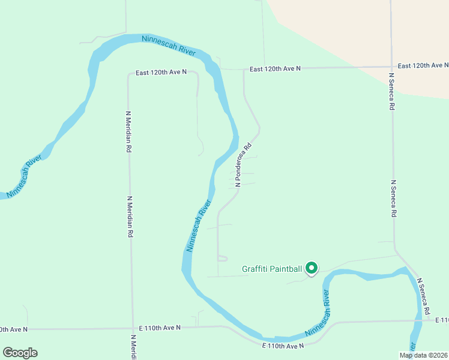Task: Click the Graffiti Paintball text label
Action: point(272,269)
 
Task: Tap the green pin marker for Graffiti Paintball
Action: point(312,268)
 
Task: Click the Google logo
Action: point(20,352)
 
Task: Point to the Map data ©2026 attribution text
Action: point(423,355)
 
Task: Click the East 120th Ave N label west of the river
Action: point(161,72)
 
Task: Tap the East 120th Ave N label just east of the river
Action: point(275,69)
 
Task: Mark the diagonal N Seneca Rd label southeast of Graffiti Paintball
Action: point(424,296)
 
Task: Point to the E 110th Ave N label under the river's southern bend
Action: point(283,346)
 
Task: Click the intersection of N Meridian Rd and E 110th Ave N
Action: point(132,328)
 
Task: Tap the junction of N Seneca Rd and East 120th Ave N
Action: point(391,67)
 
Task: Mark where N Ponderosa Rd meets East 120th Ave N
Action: point(243,70)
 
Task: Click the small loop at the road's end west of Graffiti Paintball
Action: point(222,258)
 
